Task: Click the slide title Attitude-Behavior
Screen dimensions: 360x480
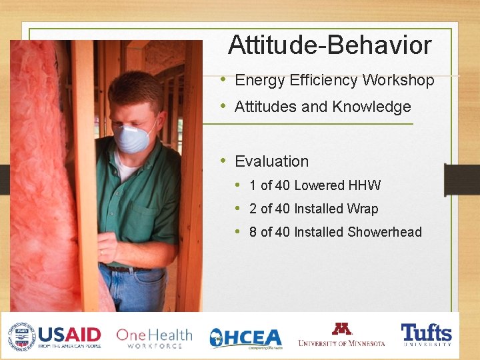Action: pos(329,46)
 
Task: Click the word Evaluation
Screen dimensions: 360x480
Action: pos(271,161)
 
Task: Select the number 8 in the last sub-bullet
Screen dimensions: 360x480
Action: pos(253,232)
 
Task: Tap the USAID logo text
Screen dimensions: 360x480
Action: pos(69,335)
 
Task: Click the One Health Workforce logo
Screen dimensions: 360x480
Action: pos(153,337)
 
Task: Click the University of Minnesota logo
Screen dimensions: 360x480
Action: pos(341,335)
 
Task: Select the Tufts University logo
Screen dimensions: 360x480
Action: pos(426,335)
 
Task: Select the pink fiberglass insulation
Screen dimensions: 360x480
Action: pos(40,167)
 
